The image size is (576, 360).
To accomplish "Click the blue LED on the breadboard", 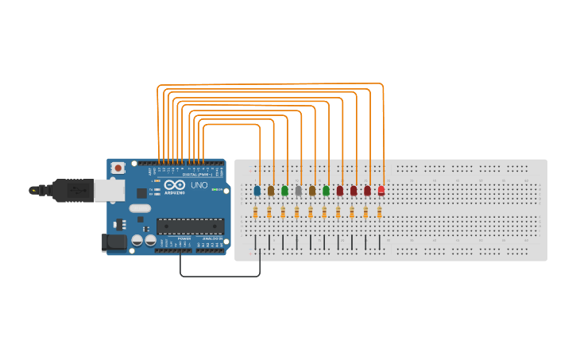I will tap(257, 191).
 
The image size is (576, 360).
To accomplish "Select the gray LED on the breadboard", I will tap(299, 191).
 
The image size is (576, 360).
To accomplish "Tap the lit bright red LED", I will tap(381, 191).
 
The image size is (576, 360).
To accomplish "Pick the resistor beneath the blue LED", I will tap(255, 212).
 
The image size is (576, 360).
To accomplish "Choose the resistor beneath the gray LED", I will tap(296, 212).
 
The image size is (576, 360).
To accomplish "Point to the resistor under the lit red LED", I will tap(379, 212).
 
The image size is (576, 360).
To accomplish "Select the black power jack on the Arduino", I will tap(114, 242).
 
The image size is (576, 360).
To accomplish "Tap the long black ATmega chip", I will tap(190, 226).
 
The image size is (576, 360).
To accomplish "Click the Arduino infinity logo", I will tap(175, 185).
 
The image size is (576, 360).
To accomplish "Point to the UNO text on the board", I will tap(199, 185).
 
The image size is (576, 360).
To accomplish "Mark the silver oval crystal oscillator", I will tap(140, 208).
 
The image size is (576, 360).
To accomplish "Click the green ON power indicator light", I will tap(157, 181).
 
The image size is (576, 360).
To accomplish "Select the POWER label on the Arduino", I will tap(184, 238).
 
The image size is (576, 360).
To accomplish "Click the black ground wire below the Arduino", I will tap(219, 277).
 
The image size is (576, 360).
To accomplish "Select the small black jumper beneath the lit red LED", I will tap(379, 242).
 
